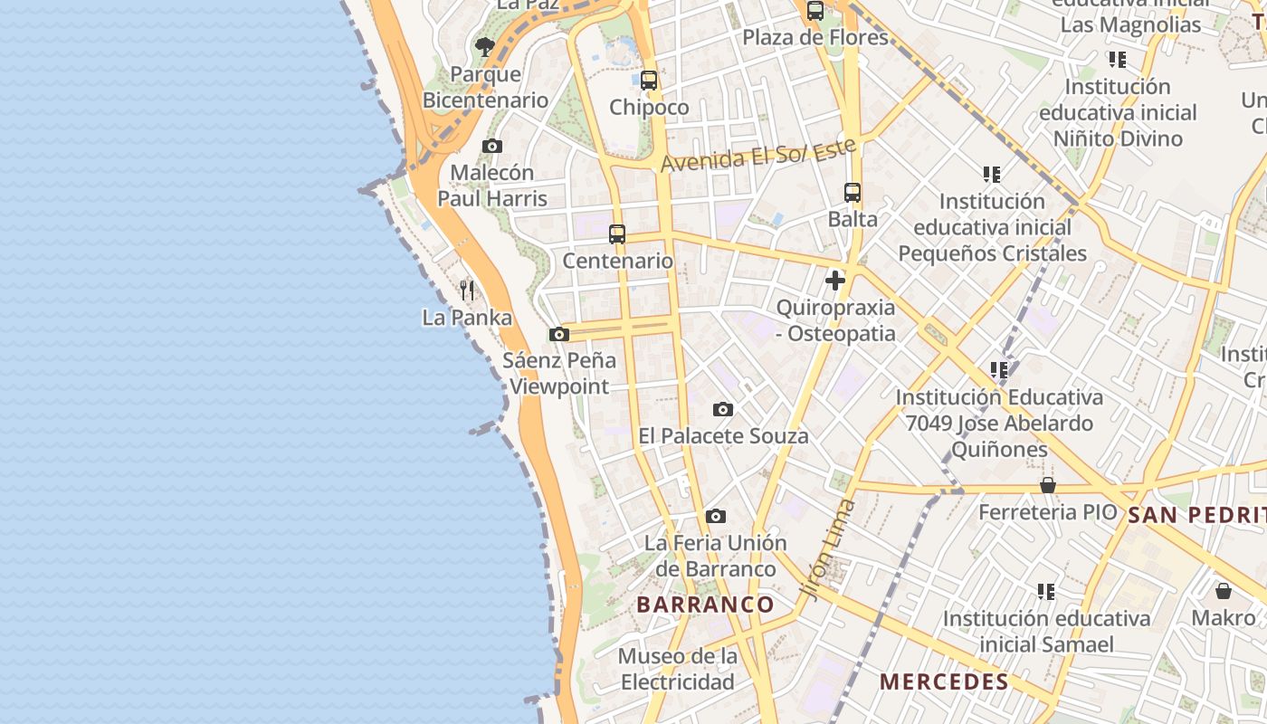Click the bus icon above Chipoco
click(x=649, y=81)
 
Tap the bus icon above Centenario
click(x=617, y=234)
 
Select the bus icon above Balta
click(x=853, y=193)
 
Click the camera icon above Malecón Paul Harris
click(x=492, y=146)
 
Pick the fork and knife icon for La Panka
click(x=467, y=291)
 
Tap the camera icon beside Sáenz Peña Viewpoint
click(x=559, y=334)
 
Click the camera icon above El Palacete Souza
click(x=722, y=410)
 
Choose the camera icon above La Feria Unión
click(x=716, y=517)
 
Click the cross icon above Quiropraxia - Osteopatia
click(x=835, y=281)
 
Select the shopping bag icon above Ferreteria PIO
click(x=1048, y=486)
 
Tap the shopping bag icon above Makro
click(x=1224, y=592)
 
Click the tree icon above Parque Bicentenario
click(x=485, y=46)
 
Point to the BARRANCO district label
click(x=706, y=605)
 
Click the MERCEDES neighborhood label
click(x=944, y=681)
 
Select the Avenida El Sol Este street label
click(x=759, y=156)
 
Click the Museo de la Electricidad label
click(x=678, y=669)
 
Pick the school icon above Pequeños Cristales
click(x=992, y=174)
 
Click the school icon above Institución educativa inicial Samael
click(x=1046, y=592)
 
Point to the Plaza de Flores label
click(x=815, y=38)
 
